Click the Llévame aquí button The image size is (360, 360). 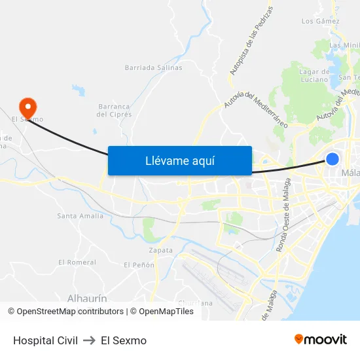179,160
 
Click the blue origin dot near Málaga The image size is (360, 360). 333,159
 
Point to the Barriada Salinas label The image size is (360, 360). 153,67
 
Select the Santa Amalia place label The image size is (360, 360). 80,216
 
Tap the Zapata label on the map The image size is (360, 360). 160,250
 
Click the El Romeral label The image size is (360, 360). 77,262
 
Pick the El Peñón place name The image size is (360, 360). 139,265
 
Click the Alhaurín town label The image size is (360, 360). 88,298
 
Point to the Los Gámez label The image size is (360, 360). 320,21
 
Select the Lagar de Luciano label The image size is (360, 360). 314,75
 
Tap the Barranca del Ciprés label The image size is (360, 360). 115,110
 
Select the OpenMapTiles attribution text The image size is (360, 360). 166,312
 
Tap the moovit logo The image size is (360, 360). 320,340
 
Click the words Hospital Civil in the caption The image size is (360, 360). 45,340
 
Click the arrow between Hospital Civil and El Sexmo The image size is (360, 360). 89,340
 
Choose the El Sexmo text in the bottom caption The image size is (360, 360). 124,340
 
